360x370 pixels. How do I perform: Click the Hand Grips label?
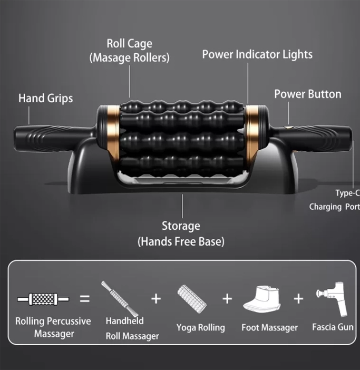(45, 99)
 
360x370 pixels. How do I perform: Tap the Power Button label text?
(308, 94)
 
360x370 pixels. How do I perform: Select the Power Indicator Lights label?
(257, 54)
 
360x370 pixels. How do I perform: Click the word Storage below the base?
(181, 226)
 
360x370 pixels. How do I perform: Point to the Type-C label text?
(348, 193)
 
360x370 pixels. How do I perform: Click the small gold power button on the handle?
(288, 128)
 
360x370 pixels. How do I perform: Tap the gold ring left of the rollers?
(113, 134)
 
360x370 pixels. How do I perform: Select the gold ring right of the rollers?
(252, 134)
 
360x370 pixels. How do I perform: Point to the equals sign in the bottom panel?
(85, 299)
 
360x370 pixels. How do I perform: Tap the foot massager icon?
(262, 299)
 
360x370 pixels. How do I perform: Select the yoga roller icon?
(191, 299)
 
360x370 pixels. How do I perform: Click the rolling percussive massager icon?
(43, 299)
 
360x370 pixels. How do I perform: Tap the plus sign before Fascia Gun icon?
(298, 299)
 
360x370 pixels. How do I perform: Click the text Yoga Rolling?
(200, 328)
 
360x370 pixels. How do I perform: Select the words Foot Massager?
(269, 328)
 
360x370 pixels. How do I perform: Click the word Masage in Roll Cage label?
(112, 58)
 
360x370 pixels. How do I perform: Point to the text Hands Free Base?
(181, 242)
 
